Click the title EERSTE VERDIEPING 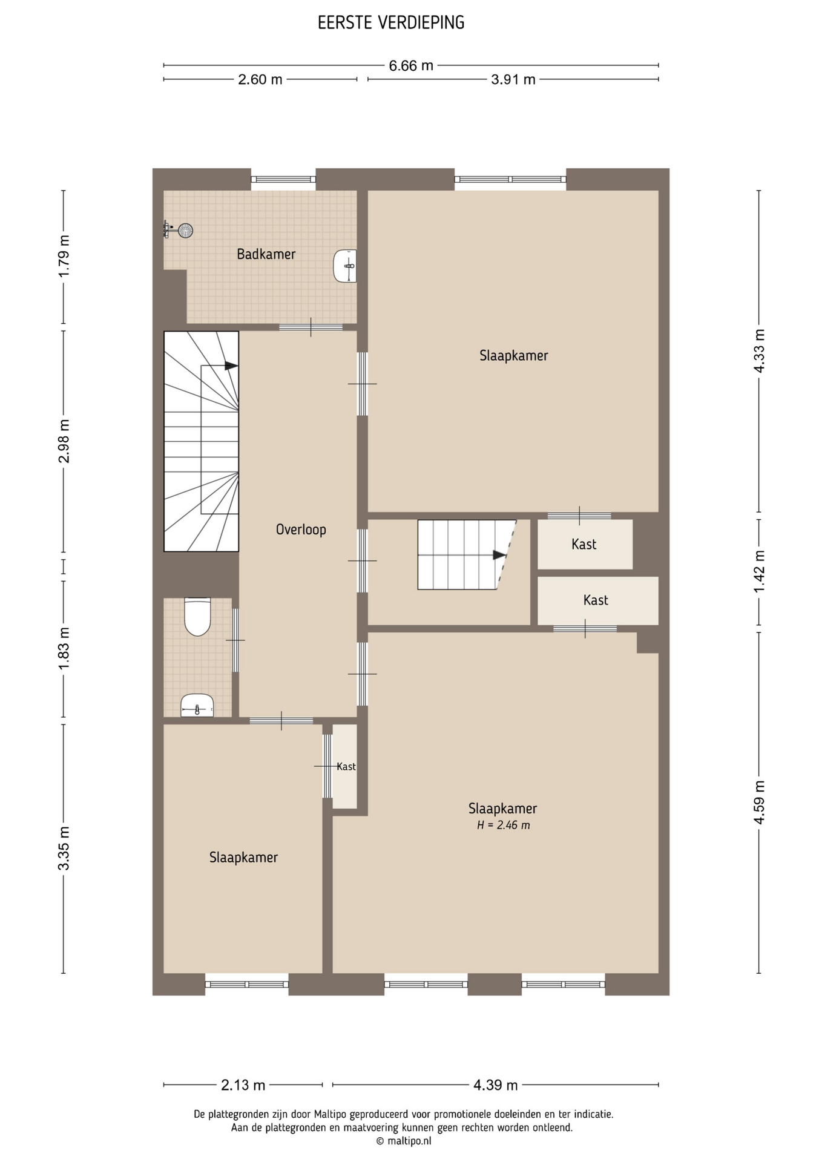pyautogui.click(x=391, y=23)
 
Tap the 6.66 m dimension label pyautogui.click(x=411, y=65)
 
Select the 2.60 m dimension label pyautogui.click(x=260, y=79)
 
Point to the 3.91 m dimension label pyautogui.click(x=513, y=79)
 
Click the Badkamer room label pyautogui.click(x=266, y=254)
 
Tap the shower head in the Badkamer pyautogui.click(x=185, y=230)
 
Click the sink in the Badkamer pyautogui.click(x=345, y=266)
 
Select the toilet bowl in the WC pyautogui.click(x=197, y=617)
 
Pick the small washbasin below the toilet pyautogui.click(x=197, y=706)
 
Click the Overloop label pyautogui.click(x=301, y=530)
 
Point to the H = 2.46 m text pyautogui.click(x=504, y=825)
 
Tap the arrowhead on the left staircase pyautogui.click(x=231, y=366)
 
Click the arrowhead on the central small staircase pyautogui.click(x=499, y=555)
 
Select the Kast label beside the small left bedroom pyautogui.click(x=346, y=767)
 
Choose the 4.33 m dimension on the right pyautogui.click(x=760, y=351)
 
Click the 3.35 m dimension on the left pyautogui.click(x=64, y=849)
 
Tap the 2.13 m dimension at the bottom pyautogui.click(x=243, y=1085)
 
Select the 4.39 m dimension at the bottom pyautogui.click(x=496, y=1085)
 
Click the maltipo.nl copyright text pyautogui.click(x=404, y=1141)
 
